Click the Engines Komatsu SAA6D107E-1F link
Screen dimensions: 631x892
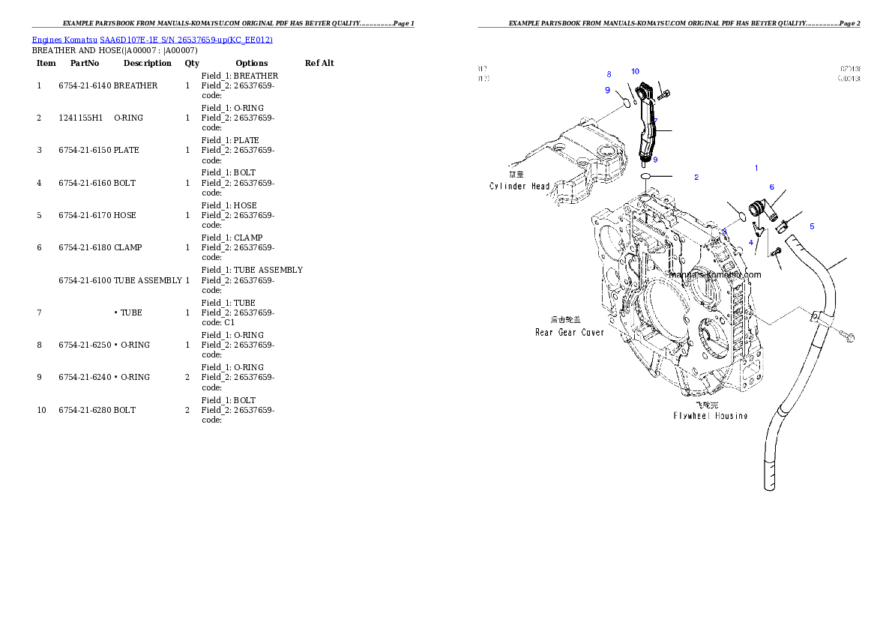pos(152,39)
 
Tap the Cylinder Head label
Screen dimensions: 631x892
pos(519,186)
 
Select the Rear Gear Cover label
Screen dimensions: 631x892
pos(570,332)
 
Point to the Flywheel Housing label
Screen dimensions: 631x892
pos(710,415)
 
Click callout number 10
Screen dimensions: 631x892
pos(635,71)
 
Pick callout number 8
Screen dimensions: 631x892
pos(609,74)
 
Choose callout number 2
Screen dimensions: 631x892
pos(696,177)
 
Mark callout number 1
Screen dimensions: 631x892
pos(756,168)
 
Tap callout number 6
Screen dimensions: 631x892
pos(771,187)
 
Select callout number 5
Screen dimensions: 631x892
pos(812,226)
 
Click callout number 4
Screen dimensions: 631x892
pos(750,243)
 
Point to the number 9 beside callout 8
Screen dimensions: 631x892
pos(607,91)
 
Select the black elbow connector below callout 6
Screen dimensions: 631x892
pos(759,209)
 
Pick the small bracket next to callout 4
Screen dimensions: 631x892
pos(759,233)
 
